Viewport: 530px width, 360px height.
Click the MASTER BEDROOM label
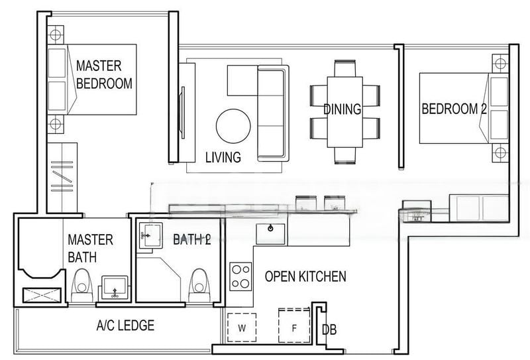(x=104, y=74)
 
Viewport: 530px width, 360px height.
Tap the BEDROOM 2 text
(x=454, y=109)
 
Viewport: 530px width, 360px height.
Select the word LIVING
(x=222, y=156)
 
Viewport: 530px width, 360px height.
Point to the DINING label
(x=342, y=109)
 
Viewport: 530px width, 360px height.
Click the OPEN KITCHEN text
(x=305, y=276)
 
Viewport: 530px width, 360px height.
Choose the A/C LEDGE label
(x=125, y=326)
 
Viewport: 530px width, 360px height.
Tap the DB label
(x=329, y=330)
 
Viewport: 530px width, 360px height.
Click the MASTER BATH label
(x=91, y=247)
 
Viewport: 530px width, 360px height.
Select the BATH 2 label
(x=191, y=239)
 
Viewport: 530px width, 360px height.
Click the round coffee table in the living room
(x=234, y=125)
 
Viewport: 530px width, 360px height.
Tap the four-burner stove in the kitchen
(x=240, y=276)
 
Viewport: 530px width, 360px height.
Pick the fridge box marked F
(x=295, y=325)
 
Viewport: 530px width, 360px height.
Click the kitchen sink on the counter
(x=272, y=232)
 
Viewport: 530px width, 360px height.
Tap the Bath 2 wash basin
(x=150, y=236)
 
